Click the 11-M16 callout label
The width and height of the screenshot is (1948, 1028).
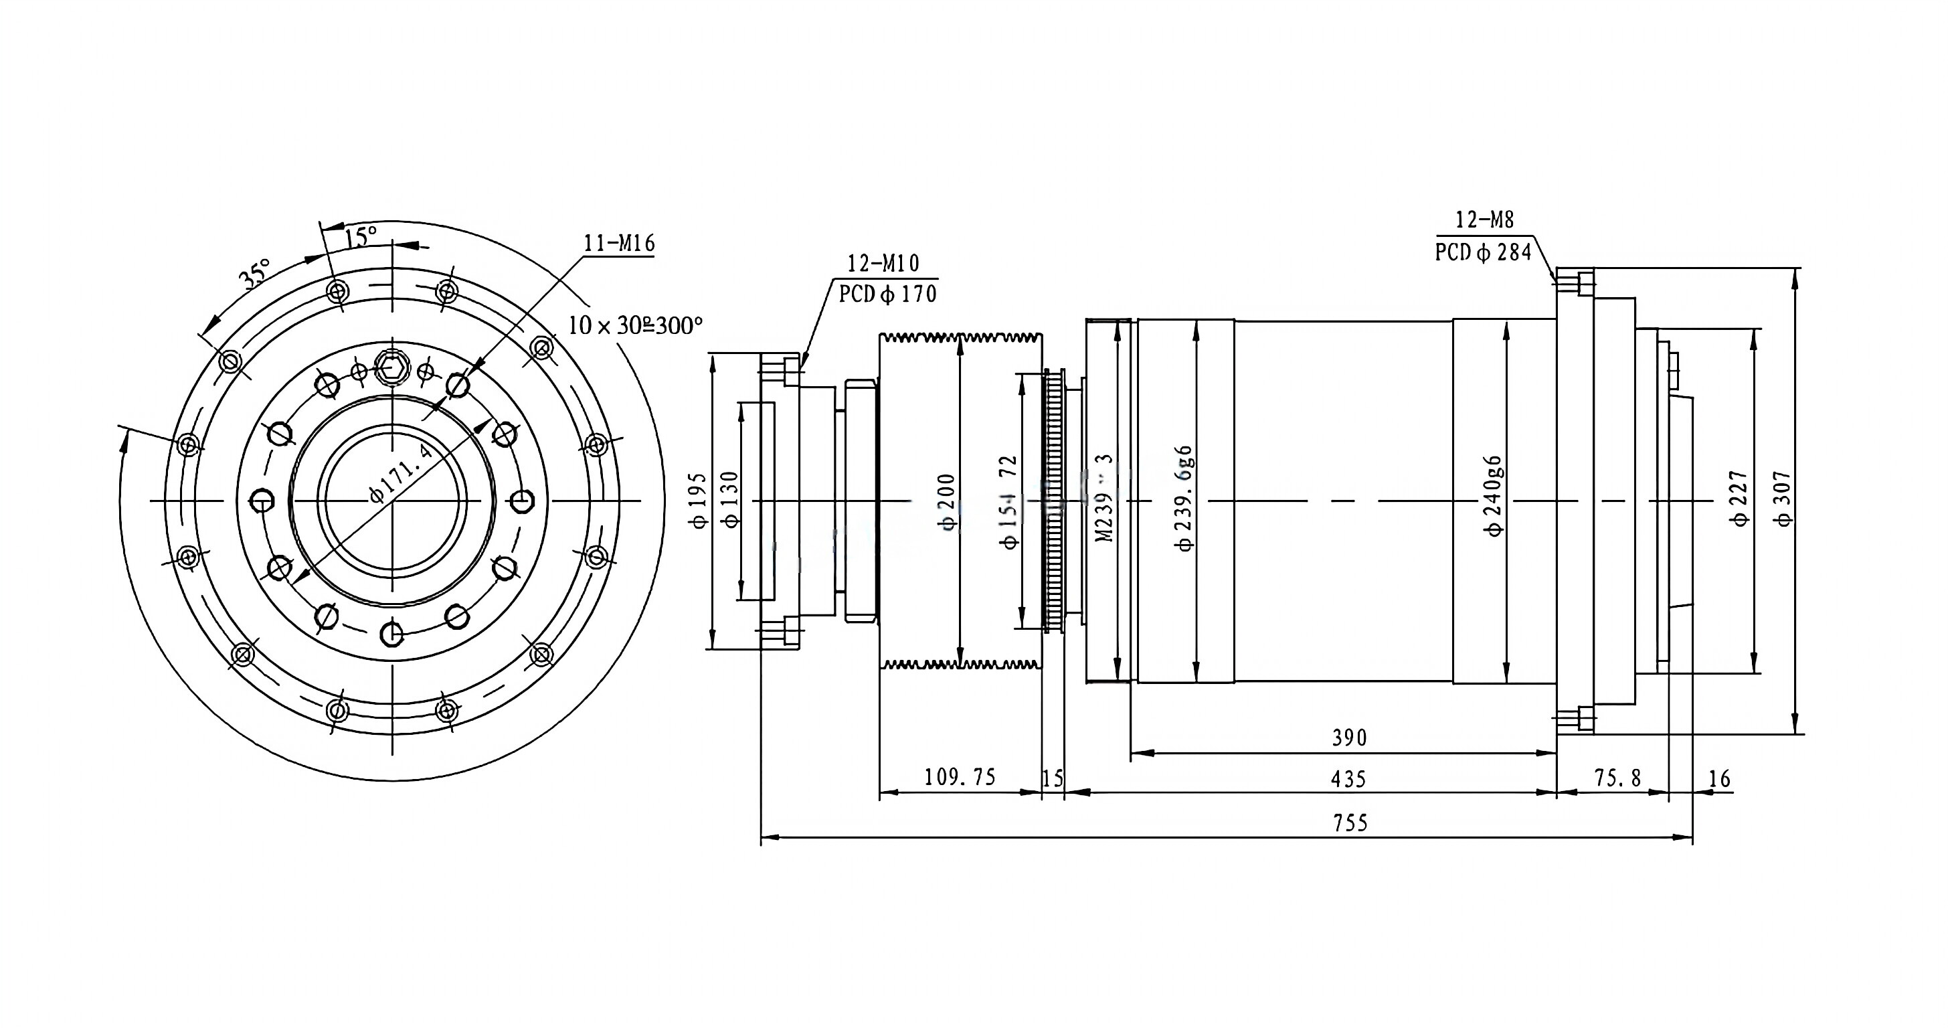click(618, 244)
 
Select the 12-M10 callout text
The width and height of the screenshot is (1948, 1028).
click(883, 263)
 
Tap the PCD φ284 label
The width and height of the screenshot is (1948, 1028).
click(1483, 252)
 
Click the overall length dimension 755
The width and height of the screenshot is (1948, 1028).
click(1350, 823)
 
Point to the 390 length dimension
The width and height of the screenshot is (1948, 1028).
click(1349, 738)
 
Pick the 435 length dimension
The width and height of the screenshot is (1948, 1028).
click(1349, 779)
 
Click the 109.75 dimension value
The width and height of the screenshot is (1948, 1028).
click(960, 778)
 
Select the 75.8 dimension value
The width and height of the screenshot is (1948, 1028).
click(1617, 778)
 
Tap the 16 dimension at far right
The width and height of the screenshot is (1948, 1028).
click(1719, 779)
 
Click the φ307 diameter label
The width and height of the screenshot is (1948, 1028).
click(1783, 499)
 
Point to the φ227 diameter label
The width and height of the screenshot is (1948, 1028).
click(1739, 499)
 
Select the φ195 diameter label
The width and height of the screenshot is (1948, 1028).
click(699, 501)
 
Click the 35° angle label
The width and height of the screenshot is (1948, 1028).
click(256, 274)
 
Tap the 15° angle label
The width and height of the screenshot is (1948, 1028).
click(361, 237)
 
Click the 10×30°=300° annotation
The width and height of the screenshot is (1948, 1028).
click(635, 326)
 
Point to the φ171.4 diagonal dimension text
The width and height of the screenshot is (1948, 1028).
click(401, 475)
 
